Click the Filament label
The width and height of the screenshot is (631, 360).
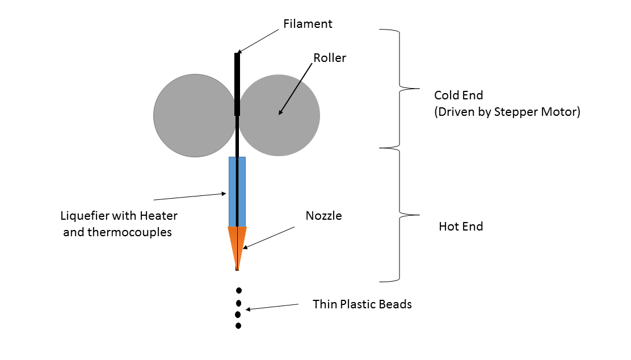(x=308, y=24)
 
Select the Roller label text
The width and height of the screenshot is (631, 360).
(x=330, y=58)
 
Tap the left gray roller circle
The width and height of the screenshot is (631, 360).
(x=195, y=116)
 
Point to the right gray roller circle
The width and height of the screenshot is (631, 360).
(x=279, y=115)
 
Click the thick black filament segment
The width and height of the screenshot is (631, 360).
(x=237, y=84)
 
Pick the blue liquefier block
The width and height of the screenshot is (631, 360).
(x=237, y=192)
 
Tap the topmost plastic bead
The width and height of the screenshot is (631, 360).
(x=239, y=290)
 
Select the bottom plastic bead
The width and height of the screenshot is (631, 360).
(x=238, y=326)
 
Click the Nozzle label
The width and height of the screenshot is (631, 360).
(x=323, y=216)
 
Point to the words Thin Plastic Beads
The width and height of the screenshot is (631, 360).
(x=362, y=304)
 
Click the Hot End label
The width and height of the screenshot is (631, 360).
(x=461, y=227)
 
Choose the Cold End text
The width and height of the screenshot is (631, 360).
(x=458, y=95)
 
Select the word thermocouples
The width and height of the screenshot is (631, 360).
(x=129, y=232)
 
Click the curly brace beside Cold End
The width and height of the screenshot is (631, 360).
(x=399, y=88)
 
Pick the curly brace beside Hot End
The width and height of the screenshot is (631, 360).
(x=399, y=215)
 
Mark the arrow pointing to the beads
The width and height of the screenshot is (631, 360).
(x=272, y=307)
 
